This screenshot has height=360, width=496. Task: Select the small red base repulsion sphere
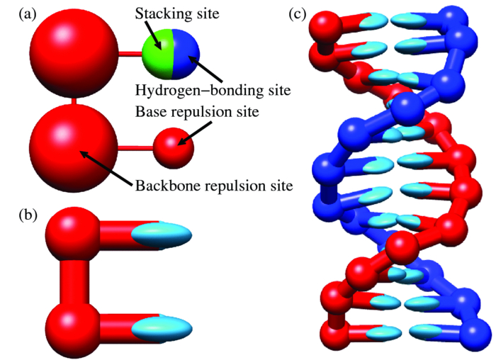(x=174, y=148)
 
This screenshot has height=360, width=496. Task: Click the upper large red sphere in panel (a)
(x=74, y=53)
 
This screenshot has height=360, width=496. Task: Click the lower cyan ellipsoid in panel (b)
(x=162, y=326)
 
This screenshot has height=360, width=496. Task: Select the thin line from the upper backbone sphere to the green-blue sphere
(x=130, y=54)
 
